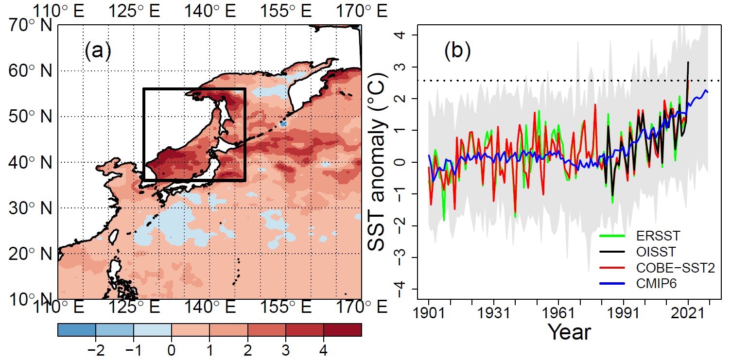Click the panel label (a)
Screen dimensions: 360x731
pyautogui.click(x=98, y=51)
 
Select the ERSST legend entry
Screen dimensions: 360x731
pyautogui.click(x=651, y=237)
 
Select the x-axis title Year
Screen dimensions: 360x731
pyautogui.click(x=569, y=332)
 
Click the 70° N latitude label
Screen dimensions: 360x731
pyautogui.click(x=30, y=25)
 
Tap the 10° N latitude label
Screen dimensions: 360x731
pyautogui.click(x=30, y=299)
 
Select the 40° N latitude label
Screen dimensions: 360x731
pyautogui.click(x=30, y=162)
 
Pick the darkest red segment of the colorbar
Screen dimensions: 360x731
pyautogui.click(x=343, y=330)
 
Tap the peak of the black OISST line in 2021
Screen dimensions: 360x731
pyautogui.click(x=688, y=62)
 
